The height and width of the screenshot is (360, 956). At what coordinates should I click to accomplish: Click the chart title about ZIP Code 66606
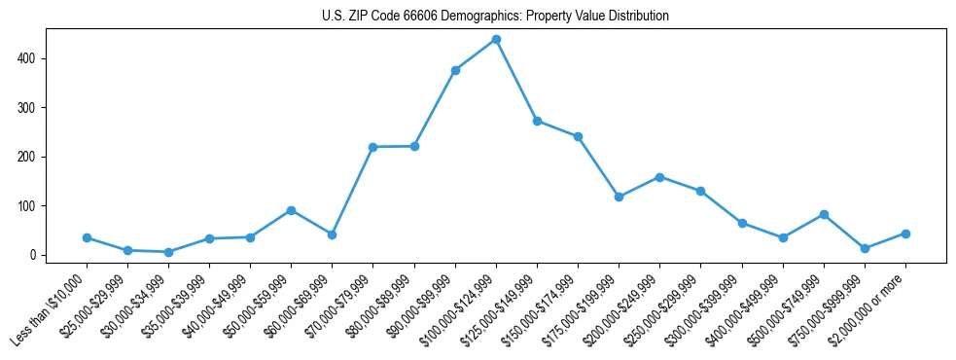(x=495, y=17)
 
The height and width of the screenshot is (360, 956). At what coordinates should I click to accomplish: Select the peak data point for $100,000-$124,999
(x=496, y=39)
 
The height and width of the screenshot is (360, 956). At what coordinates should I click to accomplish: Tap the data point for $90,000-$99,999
(x=455, y=70)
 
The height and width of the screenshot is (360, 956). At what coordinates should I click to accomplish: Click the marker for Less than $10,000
(x=87, y=237)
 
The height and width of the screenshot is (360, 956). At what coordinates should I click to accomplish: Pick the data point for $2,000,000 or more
(x=905, y=234)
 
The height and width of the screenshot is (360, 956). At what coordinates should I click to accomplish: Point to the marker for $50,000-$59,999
(x=291, y=210)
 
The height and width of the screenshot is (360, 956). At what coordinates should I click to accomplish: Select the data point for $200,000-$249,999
(x=659, y=177)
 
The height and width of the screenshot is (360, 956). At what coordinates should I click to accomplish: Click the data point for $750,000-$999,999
(x=865, y=248)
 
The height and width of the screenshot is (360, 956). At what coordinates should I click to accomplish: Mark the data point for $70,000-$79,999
(x=373, y=147)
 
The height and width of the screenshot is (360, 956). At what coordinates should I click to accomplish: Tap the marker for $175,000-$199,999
(x=619, y=197)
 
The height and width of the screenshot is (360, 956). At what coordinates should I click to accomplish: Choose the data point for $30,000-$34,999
(x=168, y=252)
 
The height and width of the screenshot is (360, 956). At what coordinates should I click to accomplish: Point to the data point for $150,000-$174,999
(x=578, y=136)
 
